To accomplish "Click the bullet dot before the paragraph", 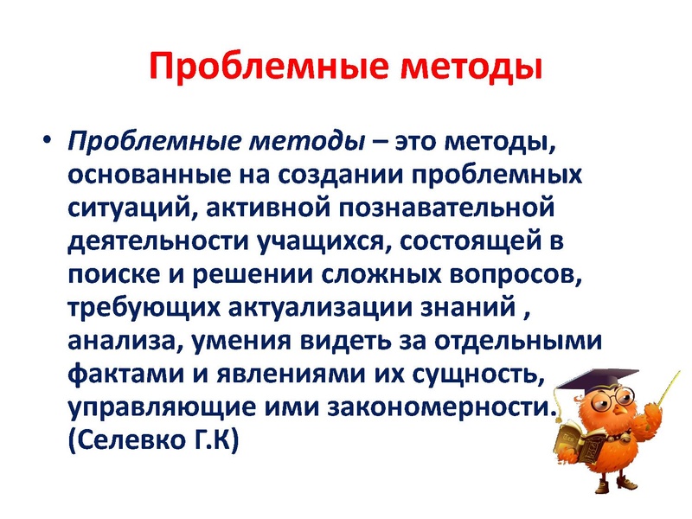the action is pos(48,140).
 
